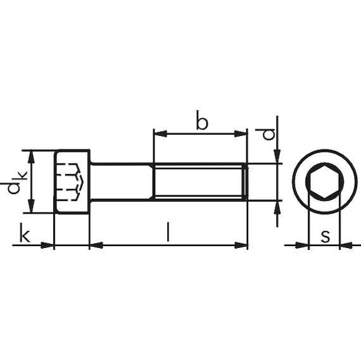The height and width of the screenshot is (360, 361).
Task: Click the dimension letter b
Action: pyautogui.click(x=201, y=121)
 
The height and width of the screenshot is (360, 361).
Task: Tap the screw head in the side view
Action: pyautogui.click(x=72, y=182)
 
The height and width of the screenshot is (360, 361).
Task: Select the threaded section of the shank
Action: pyautogui.click(x=199, y=182)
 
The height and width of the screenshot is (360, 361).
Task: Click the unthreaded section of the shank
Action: pyautogui.click(x=122, y=182)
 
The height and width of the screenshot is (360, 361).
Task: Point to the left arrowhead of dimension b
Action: pyautogui.click(x=158, y=133)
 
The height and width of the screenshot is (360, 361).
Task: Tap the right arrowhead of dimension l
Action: pyautogui.click(x=242, y=245)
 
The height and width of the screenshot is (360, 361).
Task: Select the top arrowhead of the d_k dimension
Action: pyautogui.click(x=30, y=156)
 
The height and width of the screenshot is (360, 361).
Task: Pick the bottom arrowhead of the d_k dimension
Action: pyautogui.click(x=30, y=208)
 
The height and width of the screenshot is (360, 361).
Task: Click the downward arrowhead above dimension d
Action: pyautogui.click(x=277, y=158)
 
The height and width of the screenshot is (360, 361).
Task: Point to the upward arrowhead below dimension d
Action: pyautogui.click(x=277, y=206)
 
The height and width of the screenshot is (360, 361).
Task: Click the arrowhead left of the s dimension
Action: pyautogui.click(x=303, y=245)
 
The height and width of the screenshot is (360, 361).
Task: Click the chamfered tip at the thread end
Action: pyautogui.click(x=246, y=182)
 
